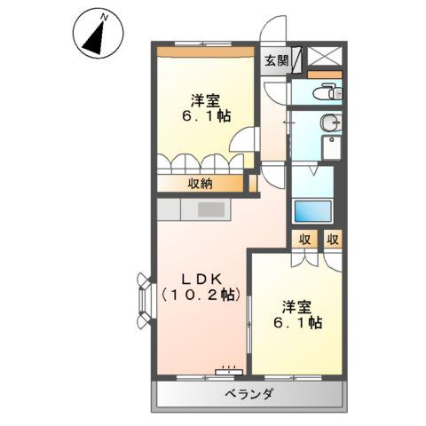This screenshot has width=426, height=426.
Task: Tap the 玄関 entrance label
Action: point(276,60)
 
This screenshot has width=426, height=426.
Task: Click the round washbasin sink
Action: point(329,123)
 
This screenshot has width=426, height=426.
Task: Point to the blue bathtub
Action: point(312,212)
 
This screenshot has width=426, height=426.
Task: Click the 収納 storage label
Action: point(200,184)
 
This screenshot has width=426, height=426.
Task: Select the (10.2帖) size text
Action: point(200,294)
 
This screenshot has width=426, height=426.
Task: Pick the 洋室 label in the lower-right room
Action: point(296,306)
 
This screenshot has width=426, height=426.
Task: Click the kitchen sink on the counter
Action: point(211,210)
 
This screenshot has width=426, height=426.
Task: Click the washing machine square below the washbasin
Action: point(329,149)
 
